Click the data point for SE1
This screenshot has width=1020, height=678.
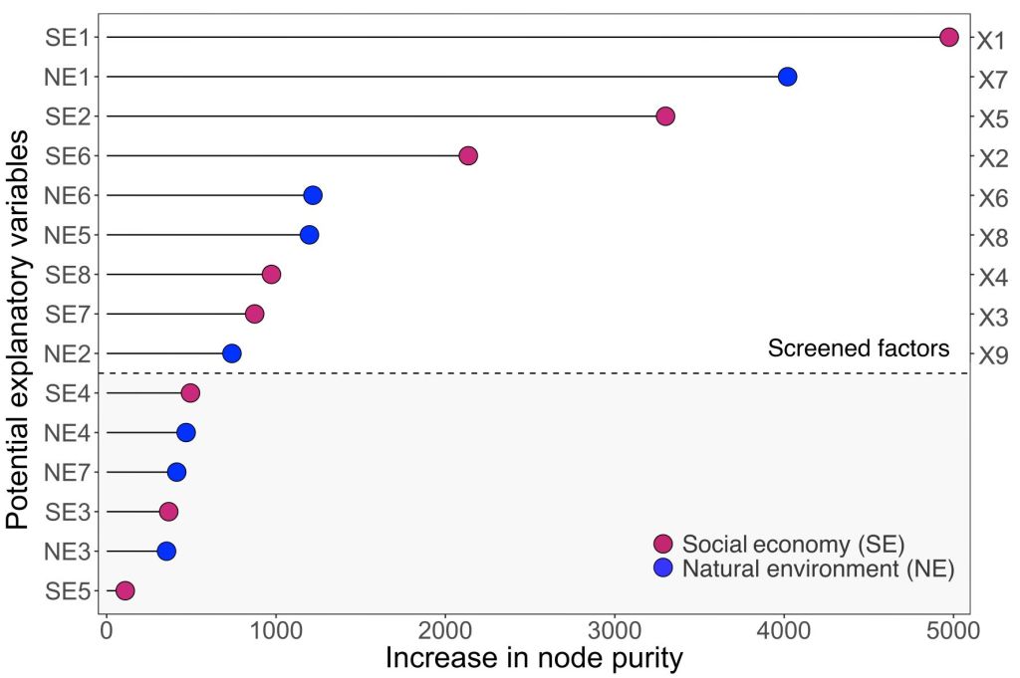[948, 38]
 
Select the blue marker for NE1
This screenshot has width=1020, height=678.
[787, 77]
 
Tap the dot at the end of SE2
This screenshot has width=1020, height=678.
[665, 116]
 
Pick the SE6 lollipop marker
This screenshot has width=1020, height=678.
[468, 155]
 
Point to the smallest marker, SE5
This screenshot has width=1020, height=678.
[125, 591]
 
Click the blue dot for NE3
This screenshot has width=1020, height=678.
[166, 552]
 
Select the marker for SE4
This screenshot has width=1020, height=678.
[190, 393]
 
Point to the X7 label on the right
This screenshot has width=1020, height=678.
[992, 80]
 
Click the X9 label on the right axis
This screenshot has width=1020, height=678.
[992, 356]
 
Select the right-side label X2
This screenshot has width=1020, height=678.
[992, 158]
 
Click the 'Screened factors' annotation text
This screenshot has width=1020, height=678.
[858, 348]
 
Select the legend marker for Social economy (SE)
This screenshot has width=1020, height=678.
[662, 544]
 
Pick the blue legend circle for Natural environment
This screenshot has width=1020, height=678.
[662, 568]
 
